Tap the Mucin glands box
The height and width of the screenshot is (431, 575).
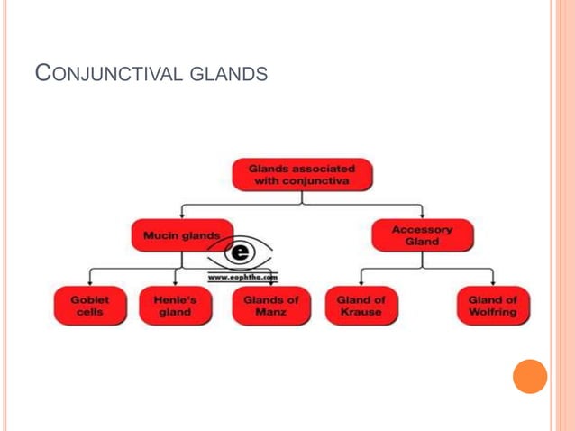point(181,235)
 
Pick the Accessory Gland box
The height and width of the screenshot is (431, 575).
point(422,235)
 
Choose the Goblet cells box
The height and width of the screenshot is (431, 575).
point(89,306)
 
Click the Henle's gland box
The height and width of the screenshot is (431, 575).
point(175,306)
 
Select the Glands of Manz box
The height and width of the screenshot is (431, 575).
point(270,306)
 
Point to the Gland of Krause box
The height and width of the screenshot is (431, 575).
point(361,306)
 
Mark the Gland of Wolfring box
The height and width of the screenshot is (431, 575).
point(493,306)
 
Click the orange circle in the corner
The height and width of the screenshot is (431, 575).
point(530,376)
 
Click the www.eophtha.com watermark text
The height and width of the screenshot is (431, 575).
point(243,278)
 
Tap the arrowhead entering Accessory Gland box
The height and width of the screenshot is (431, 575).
point(422,217)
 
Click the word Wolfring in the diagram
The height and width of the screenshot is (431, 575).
point(493,313)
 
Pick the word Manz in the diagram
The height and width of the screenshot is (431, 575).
point(270,313)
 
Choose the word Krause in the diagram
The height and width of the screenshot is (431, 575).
point(361,313)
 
